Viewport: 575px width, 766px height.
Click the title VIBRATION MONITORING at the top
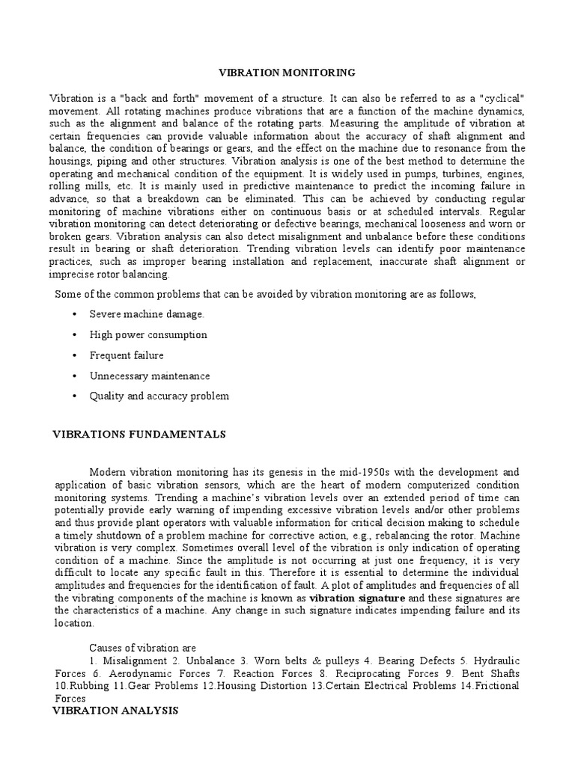pyautogui.click(x=287, y=73)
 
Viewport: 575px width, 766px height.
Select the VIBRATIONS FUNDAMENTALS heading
pyautogui.click(x=138, y=433)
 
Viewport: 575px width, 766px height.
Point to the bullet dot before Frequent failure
pyautogui.click(x=75, y=355)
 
